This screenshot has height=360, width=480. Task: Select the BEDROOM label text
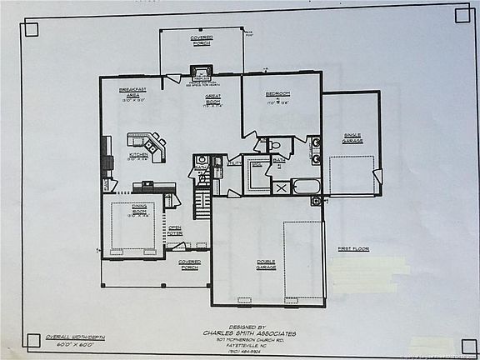278,96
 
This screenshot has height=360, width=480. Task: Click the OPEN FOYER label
175,231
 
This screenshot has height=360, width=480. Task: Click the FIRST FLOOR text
352,248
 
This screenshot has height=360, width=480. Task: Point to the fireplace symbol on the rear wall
200,72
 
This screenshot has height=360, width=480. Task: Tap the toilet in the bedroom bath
276,145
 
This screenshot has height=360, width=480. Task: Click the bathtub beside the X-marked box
306,187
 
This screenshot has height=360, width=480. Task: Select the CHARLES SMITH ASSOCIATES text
250,333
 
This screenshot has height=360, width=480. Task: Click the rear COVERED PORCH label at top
201,41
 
